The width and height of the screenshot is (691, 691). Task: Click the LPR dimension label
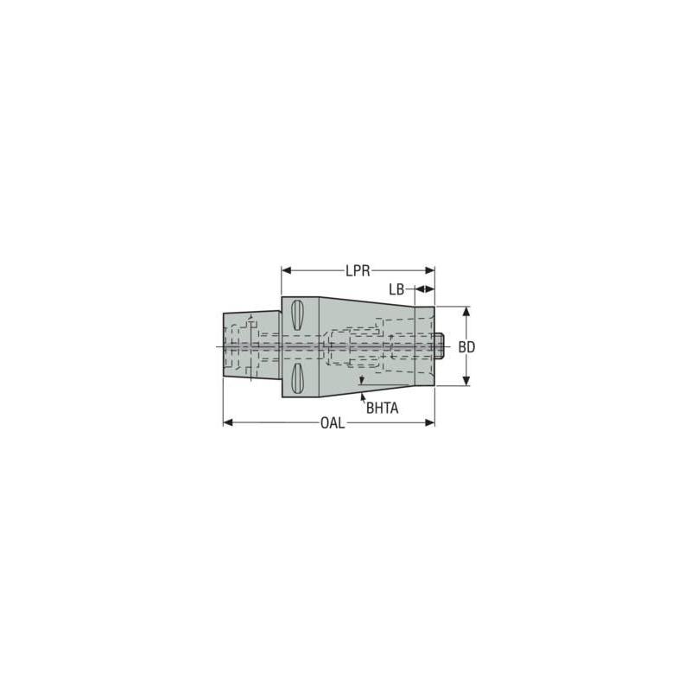[x=358, y=270]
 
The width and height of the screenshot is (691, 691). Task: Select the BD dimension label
[x=467, y=346]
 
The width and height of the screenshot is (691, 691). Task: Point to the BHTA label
[x=382, y=409]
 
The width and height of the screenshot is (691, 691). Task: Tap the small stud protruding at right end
[x=440, y=345]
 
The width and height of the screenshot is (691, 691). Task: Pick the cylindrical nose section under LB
[x=424, y=345]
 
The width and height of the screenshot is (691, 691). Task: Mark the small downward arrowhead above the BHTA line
[x=363, y=379]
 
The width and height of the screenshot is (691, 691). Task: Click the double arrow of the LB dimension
[x=424, y=288]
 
